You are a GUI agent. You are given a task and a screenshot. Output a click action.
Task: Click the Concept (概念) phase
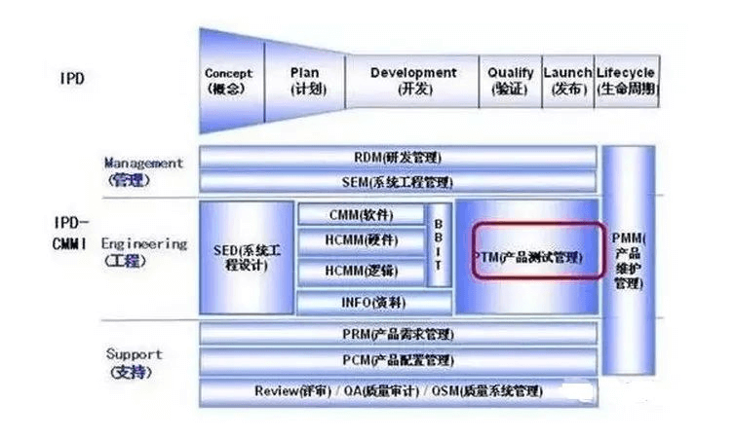tap(229, 81)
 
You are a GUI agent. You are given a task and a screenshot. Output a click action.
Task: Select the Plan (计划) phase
tap(305, 81)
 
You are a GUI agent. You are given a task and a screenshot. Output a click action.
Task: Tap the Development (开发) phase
tap(413, 81)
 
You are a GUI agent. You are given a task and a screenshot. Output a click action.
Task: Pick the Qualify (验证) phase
tap(511, 81)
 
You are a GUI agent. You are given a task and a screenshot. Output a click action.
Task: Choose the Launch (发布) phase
tap(567, 81)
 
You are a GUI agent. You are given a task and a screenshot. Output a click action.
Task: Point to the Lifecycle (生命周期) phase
tap(626, 81)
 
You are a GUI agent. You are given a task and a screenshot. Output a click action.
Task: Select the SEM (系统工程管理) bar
tap(398, 182)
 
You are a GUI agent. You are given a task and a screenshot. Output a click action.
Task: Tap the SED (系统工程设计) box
tap(247, 258)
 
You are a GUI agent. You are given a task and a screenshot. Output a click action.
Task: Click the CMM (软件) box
tap(361, 214)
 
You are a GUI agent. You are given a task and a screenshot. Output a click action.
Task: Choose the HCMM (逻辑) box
tap(361, 272)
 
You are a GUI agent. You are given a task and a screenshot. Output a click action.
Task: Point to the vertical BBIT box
tap(440, 244)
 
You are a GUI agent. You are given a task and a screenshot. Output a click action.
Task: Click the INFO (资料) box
tap(361, 303)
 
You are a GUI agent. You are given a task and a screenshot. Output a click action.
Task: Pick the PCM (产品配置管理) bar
tap(398, 361)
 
